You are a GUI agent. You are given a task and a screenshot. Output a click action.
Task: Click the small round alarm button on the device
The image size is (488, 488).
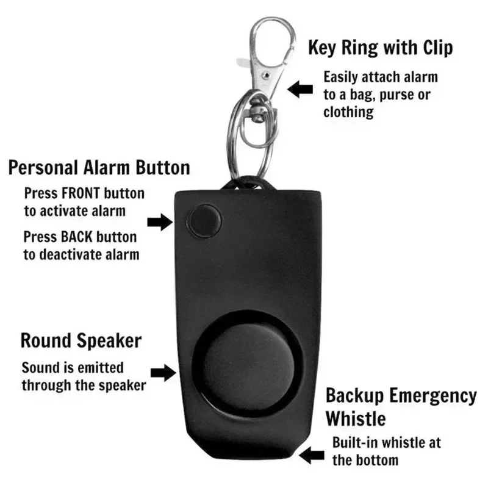coord(203,220)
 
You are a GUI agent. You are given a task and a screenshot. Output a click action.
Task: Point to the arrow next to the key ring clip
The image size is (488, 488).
coord(300,89)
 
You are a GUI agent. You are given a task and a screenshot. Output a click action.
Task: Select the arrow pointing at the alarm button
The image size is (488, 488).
coord(160,221)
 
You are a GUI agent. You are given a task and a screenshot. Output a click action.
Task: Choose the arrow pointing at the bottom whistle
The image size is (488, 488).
coord(312,454)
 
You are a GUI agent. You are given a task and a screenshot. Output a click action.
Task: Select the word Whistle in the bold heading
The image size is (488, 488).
coord(356,418)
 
